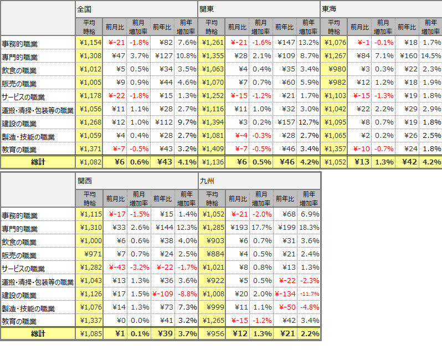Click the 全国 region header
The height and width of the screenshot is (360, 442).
click(84, 10)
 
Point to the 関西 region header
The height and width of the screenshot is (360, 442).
click(85, 181)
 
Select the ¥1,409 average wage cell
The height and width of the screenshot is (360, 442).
click(213, 149)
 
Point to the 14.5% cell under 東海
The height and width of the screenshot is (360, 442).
click(431, 56)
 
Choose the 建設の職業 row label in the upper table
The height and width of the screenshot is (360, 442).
click(19, 124)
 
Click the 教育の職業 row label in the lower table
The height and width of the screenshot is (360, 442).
click(19, 321)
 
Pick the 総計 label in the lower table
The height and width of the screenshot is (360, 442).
click(38, 333)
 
